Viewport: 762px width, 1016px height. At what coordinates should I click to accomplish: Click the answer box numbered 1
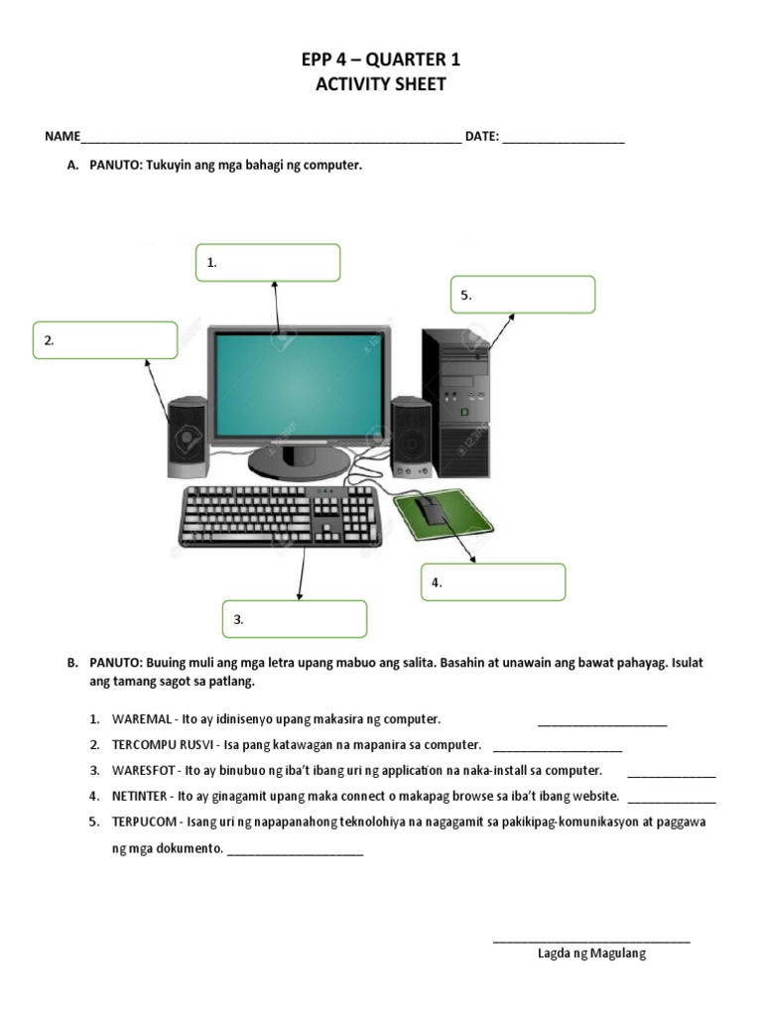(268, 263)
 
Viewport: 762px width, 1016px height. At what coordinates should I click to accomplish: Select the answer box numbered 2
(105, 340)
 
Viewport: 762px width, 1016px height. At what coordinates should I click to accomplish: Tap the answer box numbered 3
(295, 619)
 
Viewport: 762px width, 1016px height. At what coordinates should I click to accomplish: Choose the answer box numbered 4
(493, 582)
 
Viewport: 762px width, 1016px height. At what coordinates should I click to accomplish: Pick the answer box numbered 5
(523, 295)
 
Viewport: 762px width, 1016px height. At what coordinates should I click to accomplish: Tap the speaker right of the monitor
(410, 437)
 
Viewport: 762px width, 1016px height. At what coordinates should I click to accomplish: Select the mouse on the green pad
(430, 510)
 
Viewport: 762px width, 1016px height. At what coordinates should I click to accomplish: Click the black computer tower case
(456, 402)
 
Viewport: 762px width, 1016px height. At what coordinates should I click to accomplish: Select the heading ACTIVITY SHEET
(381, 85)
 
